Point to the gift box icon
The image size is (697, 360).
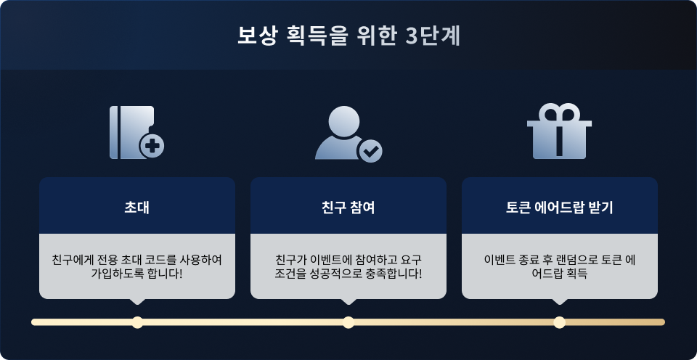tap(559, 135)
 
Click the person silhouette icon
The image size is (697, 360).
tap(340, 134)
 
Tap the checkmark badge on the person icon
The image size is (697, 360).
tap(371, 151)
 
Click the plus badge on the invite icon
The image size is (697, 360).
tap(152, 146)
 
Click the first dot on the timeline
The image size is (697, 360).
tap(137, 322)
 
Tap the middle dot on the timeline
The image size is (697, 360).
tap(348, 322)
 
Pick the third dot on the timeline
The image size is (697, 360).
tap(559, 322)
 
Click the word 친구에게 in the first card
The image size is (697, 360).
tap(71, 260)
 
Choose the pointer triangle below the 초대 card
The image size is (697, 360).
tap(137, 301)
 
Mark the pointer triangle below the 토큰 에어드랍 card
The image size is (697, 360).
tap(559, 301)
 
